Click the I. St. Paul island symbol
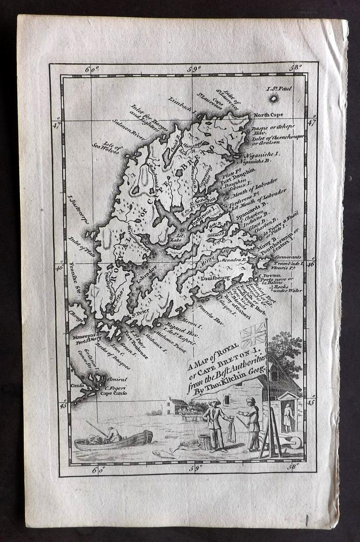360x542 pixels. pos(274,98)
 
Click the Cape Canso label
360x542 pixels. pos(114,394)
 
